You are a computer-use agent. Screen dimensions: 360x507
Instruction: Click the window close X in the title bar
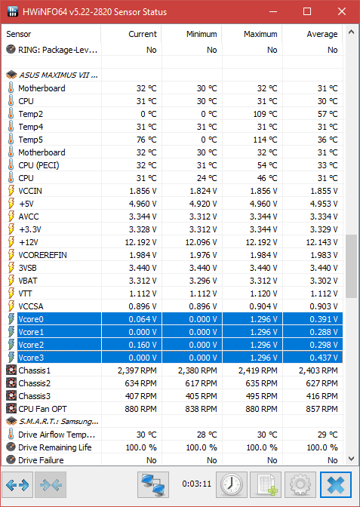[342, 12]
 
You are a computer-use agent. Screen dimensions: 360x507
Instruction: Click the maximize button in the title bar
[307, 12]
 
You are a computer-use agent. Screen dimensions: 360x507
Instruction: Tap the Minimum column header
[202, 34]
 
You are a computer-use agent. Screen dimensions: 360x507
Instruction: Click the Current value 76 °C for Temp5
[146, 140]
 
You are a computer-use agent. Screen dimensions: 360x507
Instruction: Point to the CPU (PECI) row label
[38, 165]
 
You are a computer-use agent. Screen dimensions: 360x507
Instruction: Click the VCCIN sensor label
[30, 191]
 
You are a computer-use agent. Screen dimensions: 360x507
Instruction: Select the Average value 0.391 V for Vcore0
[324, 319]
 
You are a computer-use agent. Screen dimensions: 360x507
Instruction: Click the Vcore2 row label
[31, 345]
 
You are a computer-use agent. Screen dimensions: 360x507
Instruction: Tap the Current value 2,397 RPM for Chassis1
[137, 370]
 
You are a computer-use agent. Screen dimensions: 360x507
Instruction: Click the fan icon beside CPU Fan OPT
[11, 409]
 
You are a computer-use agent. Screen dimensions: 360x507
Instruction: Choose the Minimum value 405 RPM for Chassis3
[202, 396]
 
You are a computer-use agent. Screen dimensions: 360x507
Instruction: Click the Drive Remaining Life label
[55, 447]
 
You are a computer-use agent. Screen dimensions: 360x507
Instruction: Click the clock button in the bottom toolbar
[232, 484]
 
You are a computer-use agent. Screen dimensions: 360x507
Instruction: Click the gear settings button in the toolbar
[300, 484]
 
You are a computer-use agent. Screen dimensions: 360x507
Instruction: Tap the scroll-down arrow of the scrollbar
[351, 458]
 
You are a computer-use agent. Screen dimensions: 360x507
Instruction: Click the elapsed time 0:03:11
[197, 484]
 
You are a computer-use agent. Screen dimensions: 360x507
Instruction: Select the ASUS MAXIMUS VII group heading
[59, 75]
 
